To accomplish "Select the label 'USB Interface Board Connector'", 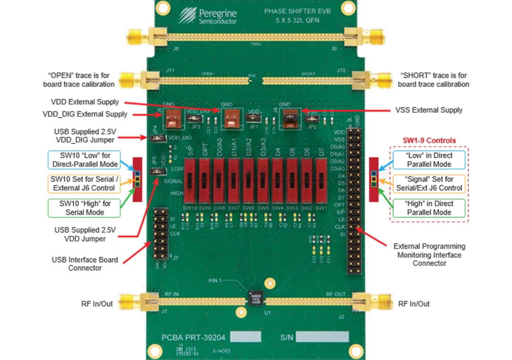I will click(x=85, y=264).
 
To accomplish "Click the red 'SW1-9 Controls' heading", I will click(x=429, y=140).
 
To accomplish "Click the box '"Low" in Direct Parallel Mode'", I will click(x=429, y=160).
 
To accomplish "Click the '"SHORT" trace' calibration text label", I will click(x=433, y=80).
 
